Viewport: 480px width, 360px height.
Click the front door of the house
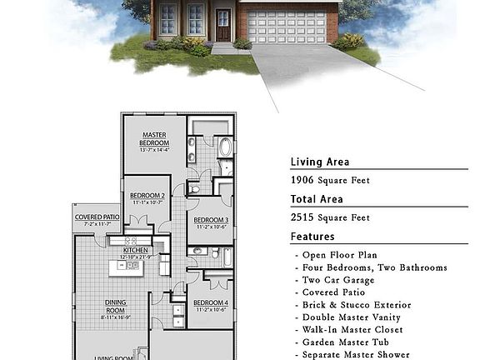[x=223, y=26]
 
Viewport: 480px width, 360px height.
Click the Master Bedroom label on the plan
[x=154, y=139]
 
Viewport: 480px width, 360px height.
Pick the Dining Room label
[x=115, y=306]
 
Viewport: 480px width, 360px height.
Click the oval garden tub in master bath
[x=226, y=148]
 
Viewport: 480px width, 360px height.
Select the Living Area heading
[x=320, y=162]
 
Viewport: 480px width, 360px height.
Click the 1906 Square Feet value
[x=330, y=180]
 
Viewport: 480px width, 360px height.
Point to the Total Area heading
[x=317, y=199]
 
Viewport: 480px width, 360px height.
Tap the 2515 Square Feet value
[x=330, y=217]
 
